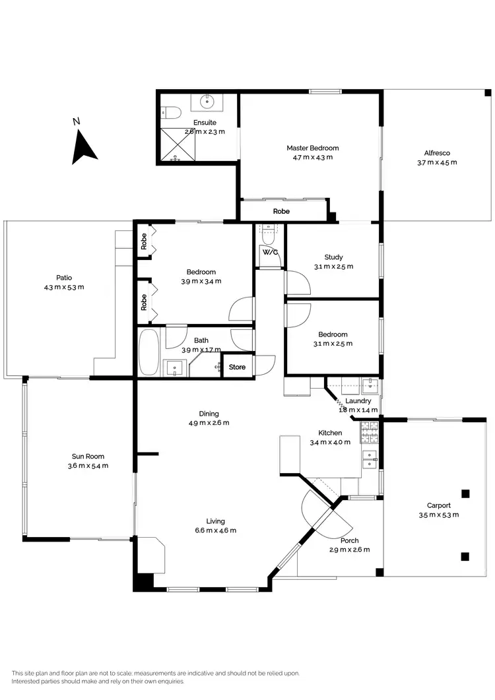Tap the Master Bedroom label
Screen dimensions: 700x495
(x=312, y=148)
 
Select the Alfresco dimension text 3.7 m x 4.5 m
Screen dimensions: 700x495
(x=437, y=162)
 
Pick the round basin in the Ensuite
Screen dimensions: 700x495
(x=207, y=101)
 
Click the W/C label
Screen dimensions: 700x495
(x=269, y=253)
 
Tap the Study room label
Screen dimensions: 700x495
(x=333, y=257)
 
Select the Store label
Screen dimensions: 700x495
(x=237, y=367)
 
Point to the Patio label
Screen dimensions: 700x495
(x=63, y=278)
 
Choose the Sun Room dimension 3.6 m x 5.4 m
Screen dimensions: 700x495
(x=88, y=466)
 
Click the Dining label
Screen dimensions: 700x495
(x=209, y=414)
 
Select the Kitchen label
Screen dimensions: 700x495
(x=330, y=433)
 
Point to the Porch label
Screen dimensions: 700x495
(x=349, y=540)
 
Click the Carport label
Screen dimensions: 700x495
(x=438, y=505)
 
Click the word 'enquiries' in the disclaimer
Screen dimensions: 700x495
(x=170, y=682)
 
